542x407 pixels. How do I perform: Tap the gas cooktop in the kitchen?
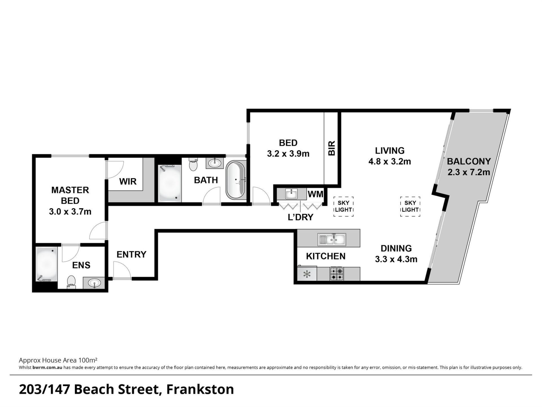tap(337, 274)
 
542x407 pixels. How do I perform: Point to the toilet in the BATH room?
tap(193, 164)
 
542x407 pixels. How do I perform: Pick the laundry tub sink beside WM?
tap(291, 194)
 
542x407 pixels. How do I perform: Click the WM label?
tap(315, 194)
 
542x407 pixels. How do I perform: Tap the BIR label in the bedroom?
tap(331, 148)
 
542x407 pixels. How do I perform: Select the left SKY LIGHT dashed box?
tap(344, 207)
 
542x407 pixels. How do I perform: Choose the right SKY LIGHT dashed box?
tap(410, 207)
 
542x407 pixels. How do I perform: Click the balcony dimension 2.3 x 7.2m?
tap(469, 172)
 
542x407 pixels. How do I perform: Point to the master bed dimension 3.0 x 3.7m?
tap(70, 211)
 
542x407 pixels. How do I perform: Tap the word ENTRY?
tap(132, 254)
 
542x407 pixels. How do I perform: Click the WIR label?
tap(128, 181)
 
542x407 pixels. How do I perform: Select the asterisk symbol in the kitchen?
tap(307, 274)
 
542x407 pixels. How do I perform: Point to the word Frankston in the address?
tap(200, 389)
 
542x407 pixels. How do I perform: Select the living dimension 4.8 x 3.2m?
tap(390, 161)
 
